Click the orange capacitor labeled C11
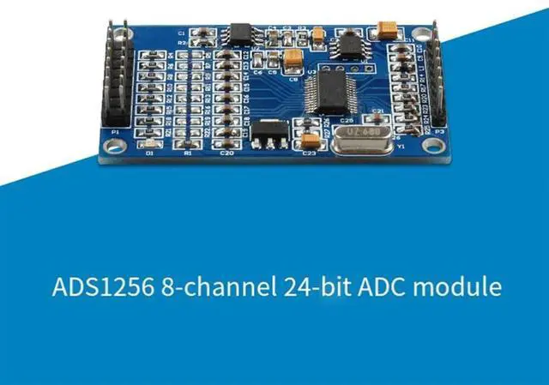[x=384, y=30]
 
